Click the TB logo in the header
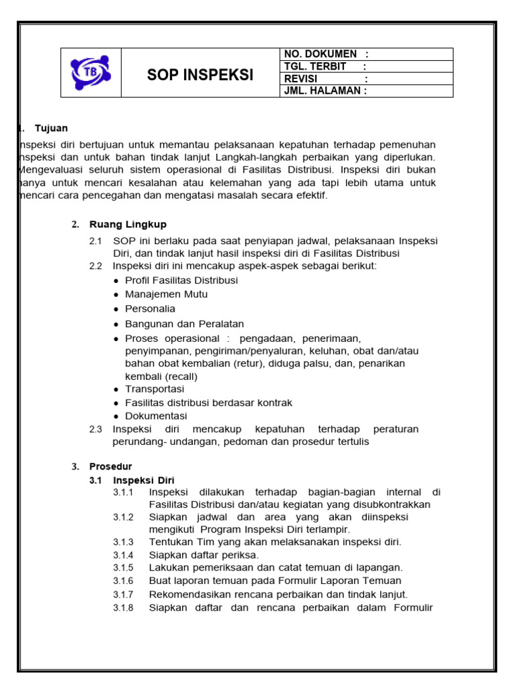[90, 72]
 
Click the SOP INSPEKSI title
[200, 75]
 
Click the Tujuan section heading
[51, 128]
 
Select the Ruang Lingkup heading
[128, 224]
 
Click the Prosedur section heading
[110, 466]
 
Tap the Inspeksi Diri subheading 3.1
[143, 480]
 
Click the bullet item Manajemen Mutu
[166, 294]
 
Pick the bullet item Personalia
[150, 309]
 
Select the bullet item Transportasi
[155, 389]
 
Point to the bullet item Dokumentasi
[156, 415]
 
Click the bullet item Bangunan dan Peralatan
[184, 324]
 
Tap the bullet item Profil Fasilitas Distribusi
[181, 280]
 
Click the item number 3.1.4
[123, 555]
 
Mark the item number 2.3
[96, 429]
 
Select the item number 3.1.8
[123, 607]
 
